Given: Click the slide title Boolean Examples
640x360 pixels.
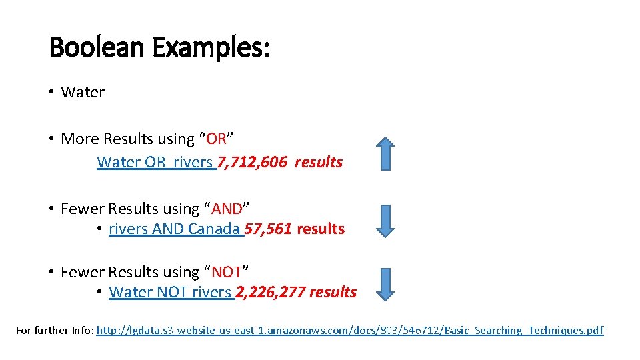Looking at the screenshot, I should pos(159,47).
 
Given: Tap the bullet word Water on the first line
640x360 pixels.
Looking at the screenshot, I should pos(83,93).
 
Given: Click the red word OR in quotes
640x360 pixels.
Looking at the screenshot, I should pos(217,139).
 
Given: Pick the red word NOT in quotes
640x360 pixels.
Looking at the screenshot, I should pos(226,273).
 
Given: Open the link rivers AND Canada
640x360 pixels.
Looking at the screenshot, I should pos(174,229).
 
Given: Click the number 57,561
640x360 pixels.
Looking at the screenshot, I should pos(268,229).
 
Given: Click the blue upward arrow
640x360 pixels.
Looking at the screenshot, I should pos(385,153).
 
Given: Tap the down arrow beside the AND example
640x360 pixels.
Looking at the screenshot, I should pos(385,221).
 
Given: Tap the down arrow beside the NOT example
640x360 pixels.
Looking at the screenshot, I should pos(385,284).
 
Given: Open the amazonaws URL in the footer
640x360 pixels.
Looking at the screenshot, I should pos(350,331).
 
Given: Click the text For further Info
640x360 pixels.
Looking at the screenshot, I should pos(55,331).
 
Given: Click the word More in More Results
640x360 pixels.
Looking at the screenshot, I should pos(77,139).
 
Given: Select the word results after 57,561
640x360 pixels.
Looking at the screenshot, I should pos(321,229).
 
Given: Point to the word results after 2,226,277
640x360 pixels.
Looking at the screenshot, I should pos(333,293).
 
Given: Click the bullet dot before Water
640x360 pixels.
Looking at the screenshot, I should pos(51,93).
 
